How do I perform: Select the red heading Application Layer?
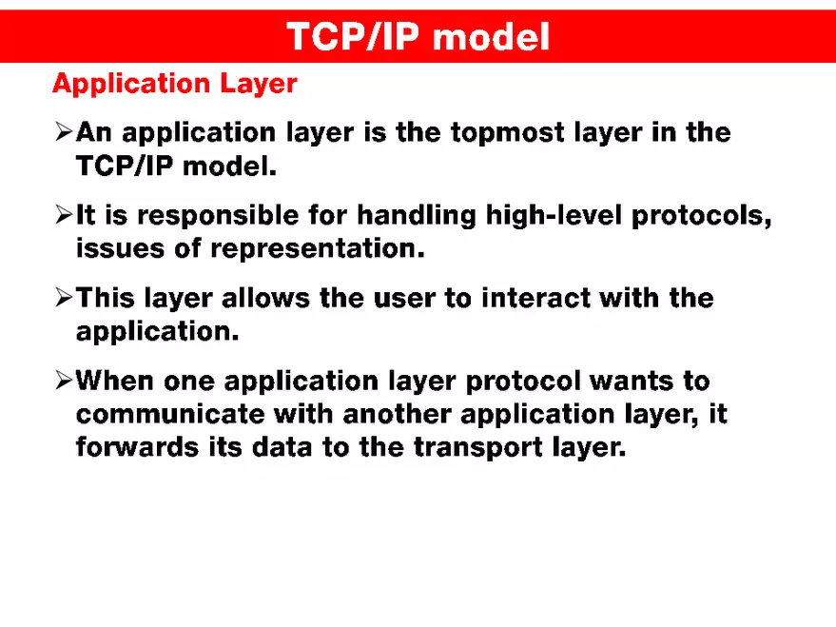[174, 84]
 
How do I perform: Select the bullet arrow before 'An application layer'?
[63, 133]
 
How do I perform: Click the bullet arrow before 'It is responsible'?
[63, 217]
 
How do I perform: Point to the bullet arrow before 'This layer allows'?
[63, 300]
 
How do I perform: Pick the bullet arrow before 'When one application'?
[63, 382]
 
